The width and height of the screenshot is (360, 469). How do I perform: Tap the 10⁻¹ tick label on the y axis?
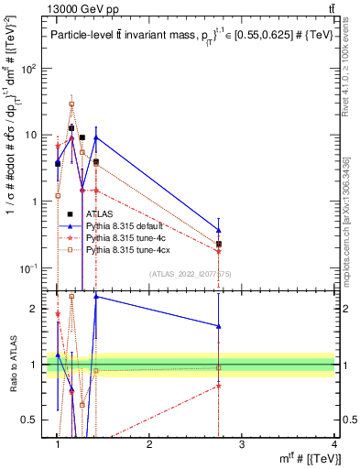28,268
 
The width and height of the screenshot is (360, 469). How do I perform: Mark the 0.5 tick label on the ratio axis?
32,420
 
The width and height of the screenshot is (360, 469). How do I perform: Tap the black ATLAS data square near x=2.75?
218,245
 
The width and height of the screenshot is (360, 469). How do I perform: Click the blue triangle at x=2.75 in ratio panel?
218,325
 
